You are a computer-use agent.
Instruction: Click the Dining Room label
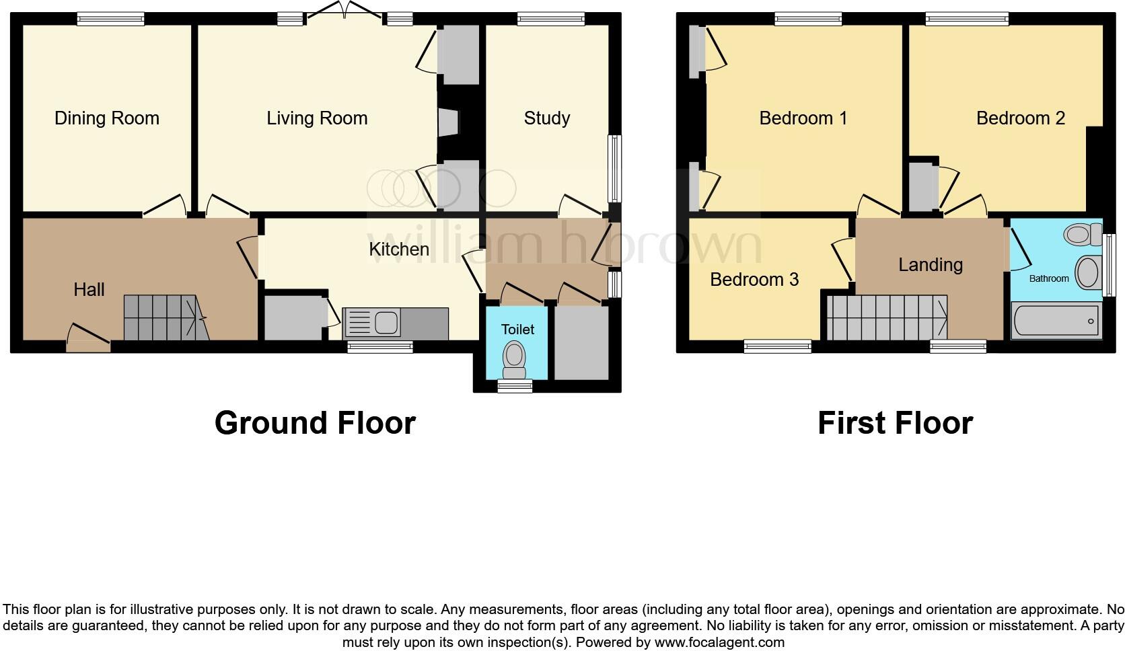click(107, 118)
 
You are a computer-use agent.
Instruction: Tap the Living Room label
click(317, 118)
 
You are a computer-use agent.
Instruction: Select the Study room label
click(547, 118)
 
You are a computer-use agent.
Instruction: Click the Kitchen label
click(399, 249)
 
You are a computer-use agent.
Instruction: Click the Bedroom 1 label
click(803, 118)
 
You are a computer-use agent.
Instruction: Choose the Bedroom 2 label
click(1020, 118)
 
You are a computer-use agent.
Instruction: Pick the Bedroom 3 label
click(754, 279)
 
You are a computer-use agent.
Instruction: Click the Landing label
click(931, 264)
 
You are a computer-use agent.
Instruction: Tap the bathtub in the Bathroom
click(1056, 321)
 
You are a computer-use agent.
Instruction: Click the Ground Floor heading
click(315, 423)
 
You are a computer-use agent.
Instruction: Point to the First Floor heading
click(895, 423)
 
